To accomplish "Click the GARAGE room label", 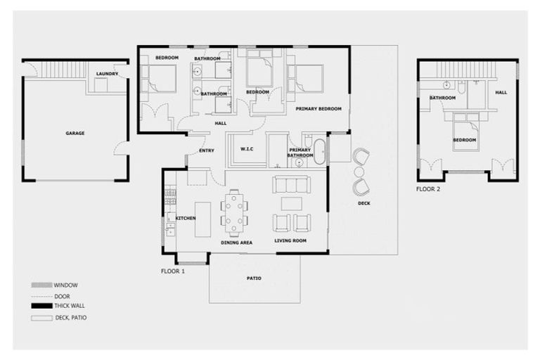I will [75, 133].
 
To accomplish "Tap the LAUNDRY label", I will [107, 73].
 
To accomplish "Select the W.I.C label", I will [246, 148].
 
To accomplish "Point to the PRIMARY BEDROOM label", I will [318, 109].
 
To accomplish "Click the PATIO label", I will [254, 278].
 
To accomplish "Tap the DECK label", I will [364, 203].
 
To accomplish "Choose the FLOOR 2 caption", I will [428, 189].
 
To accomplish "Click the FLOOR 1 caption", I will [173, 271].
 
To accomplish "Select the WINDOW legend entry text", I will [65, 285].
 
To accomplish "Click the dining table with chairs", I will [234, 212].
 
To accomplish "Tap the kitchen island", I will [203, 219].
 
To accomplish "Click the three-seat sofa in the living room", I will [290, 185].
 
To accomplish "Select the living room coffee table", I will [291, 203].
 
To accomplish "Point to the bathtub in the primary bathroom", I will [320, 152].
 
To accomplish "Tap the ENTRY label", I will [207, 150].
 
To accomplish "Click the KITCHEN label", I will [186, 219].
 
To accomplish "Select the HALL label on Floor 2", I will [501, 92].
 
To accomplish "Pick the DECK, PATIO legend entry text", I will [70, 318].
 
